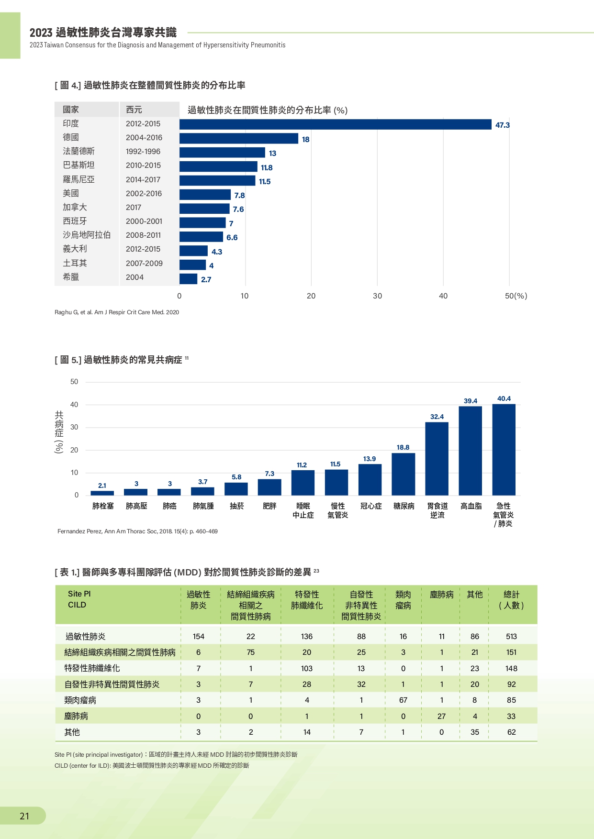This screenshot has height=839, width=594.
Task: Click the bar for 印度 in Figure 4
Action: [336, 124]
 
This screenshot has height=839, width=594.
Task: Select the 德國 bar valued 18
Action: [239, 139]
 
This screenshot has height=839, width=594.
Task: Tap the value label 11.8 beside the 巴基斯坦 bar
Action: [267, 167]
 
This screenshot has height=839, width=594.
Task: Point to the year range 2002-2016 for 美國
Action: [144, 193]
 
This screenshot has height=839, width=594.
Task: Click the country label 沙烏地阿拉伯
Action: [87, 235]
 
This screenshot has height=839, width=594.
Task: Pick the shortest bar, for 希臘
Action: [188, 279]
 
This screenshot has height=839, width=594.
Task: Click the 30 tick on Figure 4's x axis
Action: [378, 296]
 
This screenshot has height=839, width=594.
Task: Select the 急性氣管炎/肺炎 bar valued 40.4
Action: [504, 450]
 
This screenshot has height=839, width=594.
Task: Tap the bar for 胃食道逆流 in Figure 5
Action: [437, 459]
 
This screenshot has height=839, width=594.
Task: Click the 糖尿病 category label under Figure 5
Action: [404, 506]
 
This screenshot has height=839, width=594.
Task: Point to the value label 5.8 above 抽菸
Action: [236, 477]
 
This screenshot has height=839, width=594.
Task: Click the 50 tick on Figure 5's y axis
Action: [74, 382]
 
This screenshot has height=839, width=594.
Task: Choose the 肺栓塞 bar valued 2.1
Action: [102, 493]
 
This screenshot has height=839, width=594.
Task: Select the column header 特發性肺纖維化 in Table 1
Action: [307, 600]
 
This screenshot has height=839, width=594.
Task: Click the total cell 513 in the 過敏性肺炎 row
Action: [511, 637]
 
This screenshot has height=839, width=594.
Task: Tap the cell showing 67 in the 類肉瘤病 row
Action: [403, 700]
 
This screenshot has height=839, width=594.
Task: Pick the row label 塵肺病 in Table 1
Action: [76, 716]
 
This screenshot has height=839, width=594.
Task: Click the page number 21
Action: [24, 816]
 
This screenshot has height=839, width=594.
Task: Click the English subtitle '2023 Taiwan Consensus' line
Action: [157, 45]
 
